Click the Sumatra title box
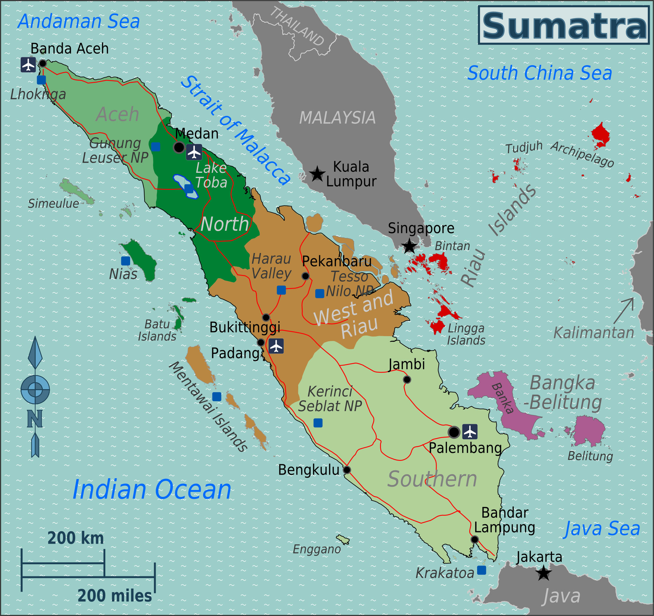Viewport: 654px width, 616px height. click(x=563, y=25)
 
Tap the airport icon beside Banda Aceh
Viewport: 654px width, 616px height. click(x=28, y=65)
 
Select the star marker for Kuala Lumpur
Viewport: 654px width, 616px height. click(x=317, y=174)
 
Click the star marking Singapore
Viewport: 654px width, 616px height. click(x=409, y=246)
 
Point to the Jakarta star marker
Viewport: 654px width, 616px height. click(x=543, y=573)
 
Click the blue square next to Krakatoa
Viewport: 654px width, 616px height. click(x=482, y=570)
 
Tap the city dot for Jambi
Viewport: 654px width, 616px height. click(x=407, y=380)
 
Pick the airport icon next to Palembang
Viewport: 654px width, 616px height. click(x=470, y=432)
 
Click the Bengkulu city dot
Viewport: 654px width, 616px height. click(x=347, y=470)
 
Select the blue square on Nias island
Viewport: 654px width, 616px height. click(x=125, y=261)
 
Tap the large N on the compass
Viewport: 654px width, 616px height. click(x=35, y=419)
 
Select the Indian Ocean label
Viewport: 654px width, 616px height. click(x=152, y=490)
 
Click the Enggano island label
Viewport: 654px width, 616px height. click(x=317, y=549)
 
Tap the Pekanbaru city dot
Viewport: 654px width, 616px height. click(x=305, y=276)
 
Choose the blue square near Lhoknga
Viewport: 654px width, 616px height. click(x=42, y=80)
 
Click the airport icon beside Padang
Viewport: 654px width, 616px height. click(x=276, y=346)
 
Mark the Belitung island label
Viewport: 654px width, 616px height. click(x=590, y=456)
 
